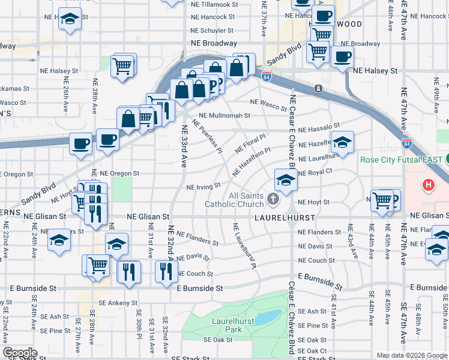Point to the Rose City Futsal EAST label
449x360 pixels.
[x=400, y=160]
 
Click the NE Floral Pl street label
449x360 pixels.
[x=250, y=143]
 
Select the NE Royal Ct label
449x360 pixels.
[x=315, y=173]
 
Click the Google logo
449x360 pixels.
[x=20, y=353]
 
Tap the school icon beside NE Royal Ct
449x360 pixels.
[x=285, y=180]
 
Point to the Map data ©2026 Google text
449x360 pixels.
[x=412, y=355]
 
